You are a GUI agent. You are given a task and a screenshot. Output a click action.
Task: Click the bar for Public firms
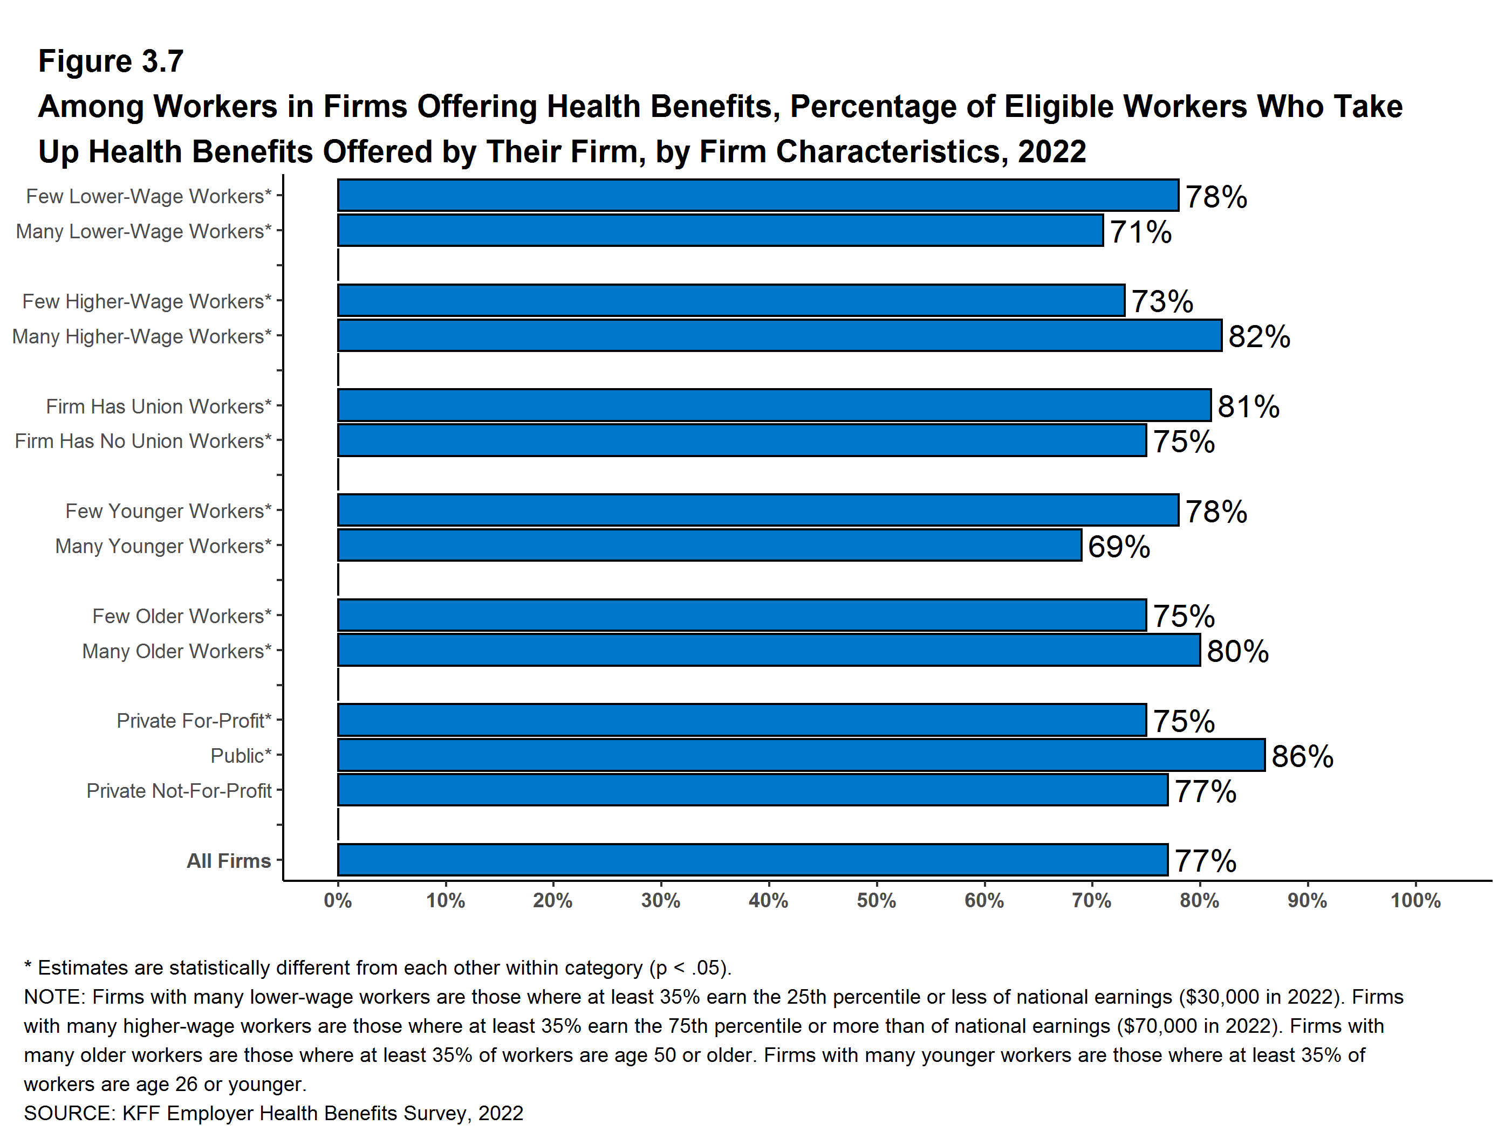pyautogui.click(x=801, y=755)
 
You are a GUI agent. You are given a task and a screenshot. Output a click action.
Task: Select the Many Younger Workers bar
pyautogui.click(x=709, y=546)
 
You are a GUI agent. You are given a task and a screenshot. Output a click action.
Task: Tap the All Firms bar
pyautogui.click(x=752, y=860)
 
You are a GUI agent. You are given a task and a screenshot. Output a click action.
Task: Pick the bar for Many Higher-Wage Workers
pyautogui.click(x=779, y=336)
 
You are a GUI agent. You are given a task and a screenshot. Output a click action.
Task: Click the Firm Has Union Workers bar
pyautogui.click(x=774, y=405)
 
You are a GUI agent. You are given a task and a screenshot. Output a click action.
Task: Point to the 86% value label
pyautogui.click(x=1302, y=757)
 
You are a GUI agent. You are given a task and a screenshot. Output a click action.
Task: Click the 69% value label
pyautogui.click(x=1119, y=547)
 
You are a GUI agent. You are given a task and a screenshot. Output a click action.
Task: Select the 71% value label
pyautogui.click(x=1140, y=232)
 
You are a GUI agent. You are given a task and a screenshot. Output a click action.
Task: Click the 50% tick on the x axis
pyautogui.click(x=877, y=901)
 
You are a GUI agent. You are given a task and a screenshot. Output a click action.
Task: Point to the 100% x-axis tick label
pyautogui.click(x=1415, y=901)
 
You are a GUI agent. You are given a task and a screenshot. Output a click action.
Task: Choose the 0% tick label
pyautogui.click(x=338, y=901)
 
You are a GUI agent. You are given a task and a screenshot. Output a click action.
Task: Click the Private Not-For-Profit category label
pyautogui.click(x=179, y=791)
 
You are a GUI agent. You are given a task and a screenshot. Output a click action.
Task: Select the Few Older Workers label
pyautogui.click(x=182, y=616)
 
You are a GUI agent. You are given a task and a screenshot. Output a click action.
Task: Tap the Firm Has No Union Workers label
pyautogui.click(x=143, y=441)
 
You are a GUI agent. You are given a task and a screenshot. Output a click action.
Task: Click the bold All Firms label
pyautogui.click(x=229, y=861)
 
